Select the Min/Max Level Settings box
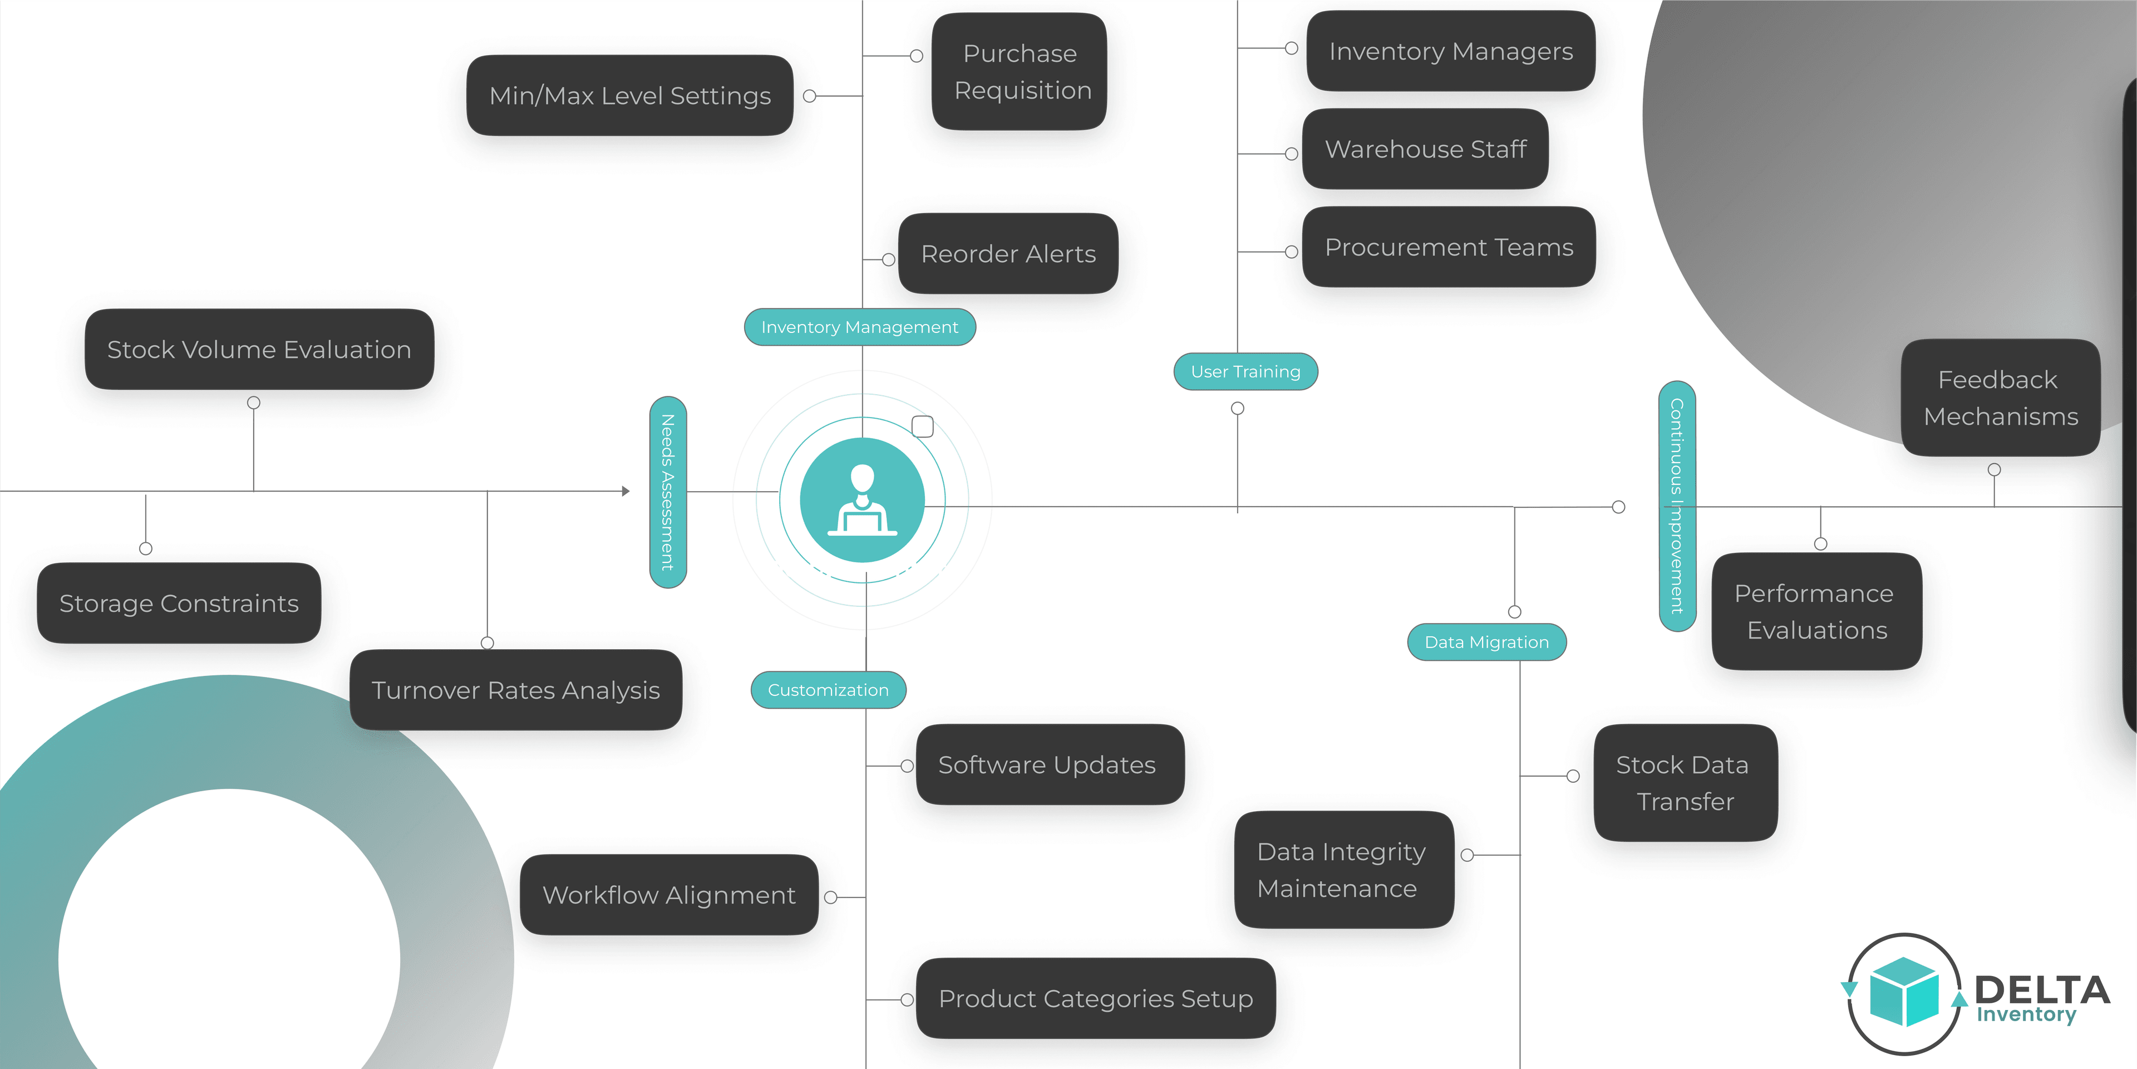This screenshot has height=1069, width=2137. click(629, 95)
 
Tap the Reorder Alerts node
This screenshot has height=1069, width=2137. click(1008, 253)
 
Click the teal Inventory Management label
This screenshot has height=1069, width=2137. click(859, 327)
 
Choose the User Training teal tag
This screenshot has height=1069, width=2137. click(1245, 372)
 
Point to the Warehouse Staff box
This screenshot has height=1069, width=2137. click(1425, 149)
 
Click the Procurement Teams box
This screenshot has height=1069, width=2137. click(1449, 247)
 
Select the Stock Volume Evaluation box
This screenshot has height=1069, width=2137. click(259, 350)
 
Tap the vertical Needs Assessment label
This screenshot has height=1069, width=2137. click(668, 492)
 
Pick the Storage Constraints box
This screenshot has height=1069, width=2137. click(179, 604)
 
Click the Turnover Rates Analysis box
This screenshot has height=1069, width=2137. click(515, 690)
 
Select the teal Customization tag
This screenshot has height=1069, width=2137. click(828, 690)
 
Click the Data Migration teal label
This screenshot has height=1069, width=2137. click(1486, 643)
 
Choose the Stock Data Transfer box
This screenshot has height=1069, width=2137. click(1685, 783)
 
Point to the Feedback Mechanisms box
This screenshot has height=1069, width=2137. click(2000, 398)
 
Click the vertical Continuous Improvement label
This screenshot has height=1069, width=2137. click(1677, 506)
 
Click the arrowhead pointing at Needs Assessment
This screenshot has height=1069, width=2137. click(626, 491)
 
